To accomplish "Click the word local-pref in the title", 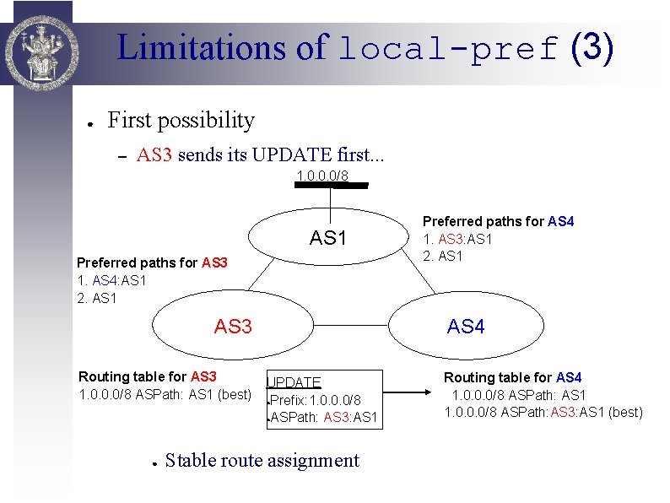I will pyautogui.click(x=448, y=49).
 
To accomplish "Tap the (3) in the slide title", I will pyautogui.click(x=592, y=47).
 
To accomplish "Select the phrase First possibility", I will pyautogui.click(x=181, y=121).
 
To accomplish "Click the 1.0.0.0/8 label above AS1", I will pyautogui.click(x=322, y=176).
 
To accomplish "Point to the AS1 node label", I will pyautogui.click(x=328, y=238).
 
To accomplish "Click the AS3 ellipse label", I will pyautogui.click(x=233, y=327).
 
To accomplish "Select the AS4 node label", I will pyautogui.click(x=466, y=327).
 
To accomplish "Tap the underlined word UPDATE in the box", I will pyautogui.click(x=294, y=382).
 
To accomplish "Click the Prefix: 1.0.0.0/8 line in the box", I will pyautogui.click(x=316, y=399).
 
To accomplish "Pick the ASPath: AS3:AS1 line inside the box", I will pyautogui.click(x=324, y=417).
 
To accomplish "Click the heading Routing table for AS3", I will pyautogui.click(x=148, y=376).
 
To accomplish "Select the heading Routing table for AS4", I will pyautogui.click(x=513, y=377).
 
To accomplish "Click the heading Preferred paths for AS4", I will pyautogui.click(x=498, y=222).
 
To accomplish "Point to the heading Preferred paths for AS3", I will pyautogui.click(x=152, y=262).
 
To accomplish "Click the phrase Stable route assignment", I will pyautogui.click(x=262, y=460).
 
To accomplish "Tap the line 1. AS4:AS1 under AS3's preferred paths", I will pyautogui.click(x=111, y=280).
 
